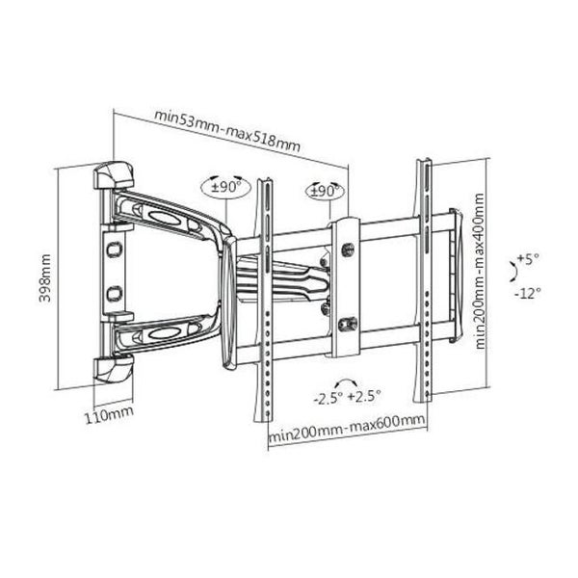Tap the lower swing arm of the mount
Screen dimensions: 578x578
point(173,333)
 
